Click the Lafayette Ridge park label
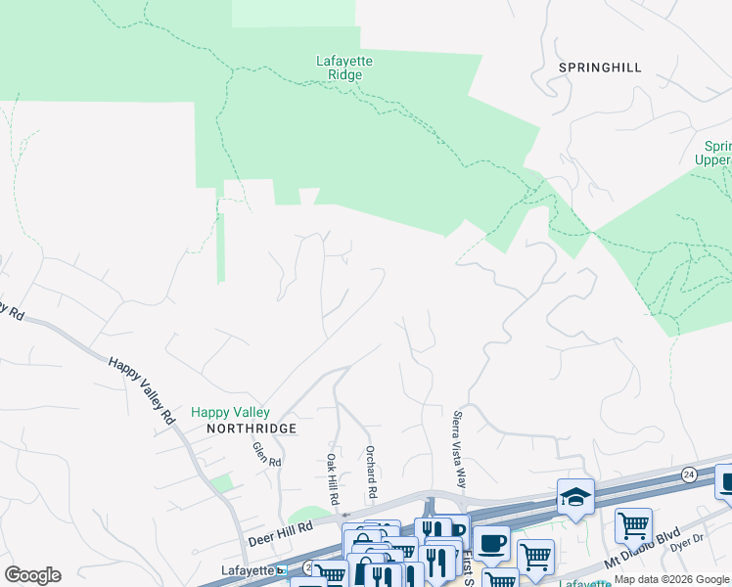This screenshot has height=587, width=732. [344, 68]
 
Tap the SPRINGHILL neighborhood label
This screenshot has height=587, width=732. [600, 68]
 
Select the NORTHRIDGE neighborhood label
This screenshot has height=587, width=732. [238, 429]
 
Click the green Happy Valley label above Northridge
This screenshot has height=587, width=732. [230, 413]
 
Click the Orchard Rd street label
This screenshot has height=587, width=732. [372, 470]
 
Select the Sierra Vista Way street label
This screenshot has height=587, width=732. [459, 448]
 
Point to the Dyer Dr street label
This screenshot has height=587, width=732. [690, 539]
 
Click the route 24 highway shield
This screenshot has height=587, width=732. [690, 474]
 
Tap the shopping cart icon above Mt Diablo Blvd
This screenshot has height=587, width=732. [633, 524]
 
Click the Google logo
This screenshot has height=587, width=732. [32, 575]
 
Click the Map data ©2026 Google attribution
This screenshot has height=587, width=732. [671, 579]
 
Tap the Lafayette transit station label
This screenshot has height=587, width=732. [244, 570]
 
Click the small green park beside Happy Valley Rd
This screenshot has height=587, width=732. [223, 482]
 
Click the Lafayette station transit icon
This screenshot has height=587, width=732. [282, 570]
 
